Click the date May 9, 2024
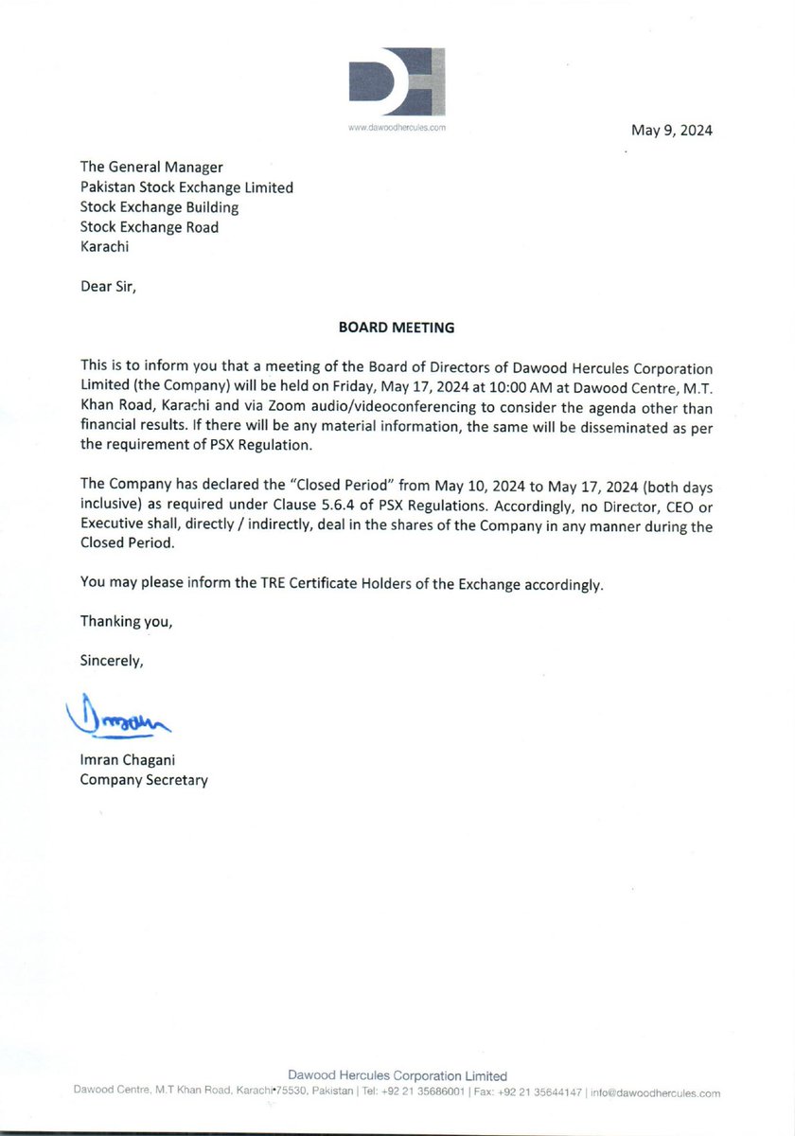tap(672, 131)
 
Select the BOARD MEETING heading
tap(397, 328)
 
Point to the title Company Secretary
tap(144, 780)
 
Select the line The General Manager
tap(151, 168)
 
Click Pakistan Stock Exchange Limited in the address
tap(186, 187)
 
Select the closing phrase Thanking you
tap(127, 623)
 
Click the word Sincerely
tap(111, 662)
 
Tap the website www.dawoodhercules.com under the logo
tap(397, 126)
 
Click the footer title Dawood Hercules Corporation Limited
tap(397, 1075)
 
